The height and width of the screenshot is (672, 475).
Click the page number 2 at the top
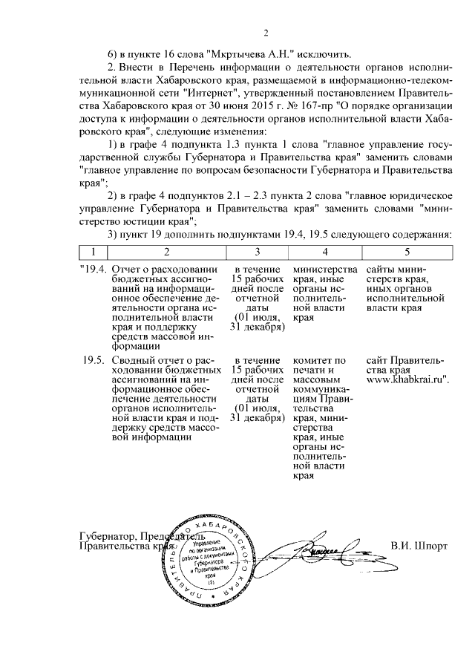point(265,33)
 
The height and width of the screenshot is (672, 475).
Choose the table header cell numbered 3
point(257,252)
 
